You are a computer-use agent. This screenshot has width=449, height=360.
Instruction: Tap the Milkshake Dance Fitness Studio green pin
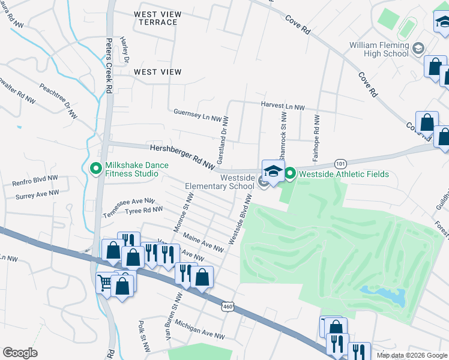[x=95, y=169]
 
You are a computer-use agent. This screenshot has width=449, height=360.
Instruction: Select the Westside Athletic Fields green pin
[x=291, y=175]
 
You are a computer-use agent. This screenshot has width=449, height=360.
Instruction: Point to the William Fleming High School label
[x=379, y=50]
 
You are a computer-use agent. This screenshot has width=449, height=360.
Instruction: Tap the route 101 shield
[x=340, y=163]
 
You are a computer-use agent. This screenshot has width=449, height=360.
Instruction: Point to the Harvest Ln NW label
[x=283, y=106]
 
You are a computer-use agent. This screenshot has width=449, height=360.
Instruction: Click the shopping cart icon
[x=105, y=281]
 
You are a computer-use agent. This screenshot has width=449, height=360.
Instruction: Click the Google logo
[x=20, y=353]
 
